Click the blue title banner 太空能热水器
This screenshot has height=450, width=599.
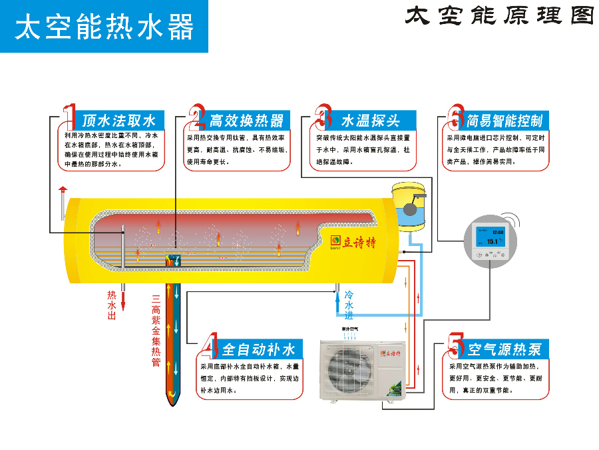tap(104, 27)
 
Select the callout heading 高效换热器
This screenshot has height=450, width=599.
tap(246, 121)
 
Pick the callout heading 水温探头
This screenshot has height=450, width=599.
tap(370, 121)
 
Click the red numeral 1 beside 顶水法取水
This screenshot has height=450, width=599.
tap(69, 117)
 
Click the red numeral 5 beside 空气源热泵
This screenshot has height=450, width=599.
tap(456, 347)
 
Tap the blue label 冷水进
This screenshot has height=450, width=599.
tap(349, 305)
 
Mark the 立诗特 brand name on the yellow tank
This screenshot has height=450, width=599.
tap(360, 242)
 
